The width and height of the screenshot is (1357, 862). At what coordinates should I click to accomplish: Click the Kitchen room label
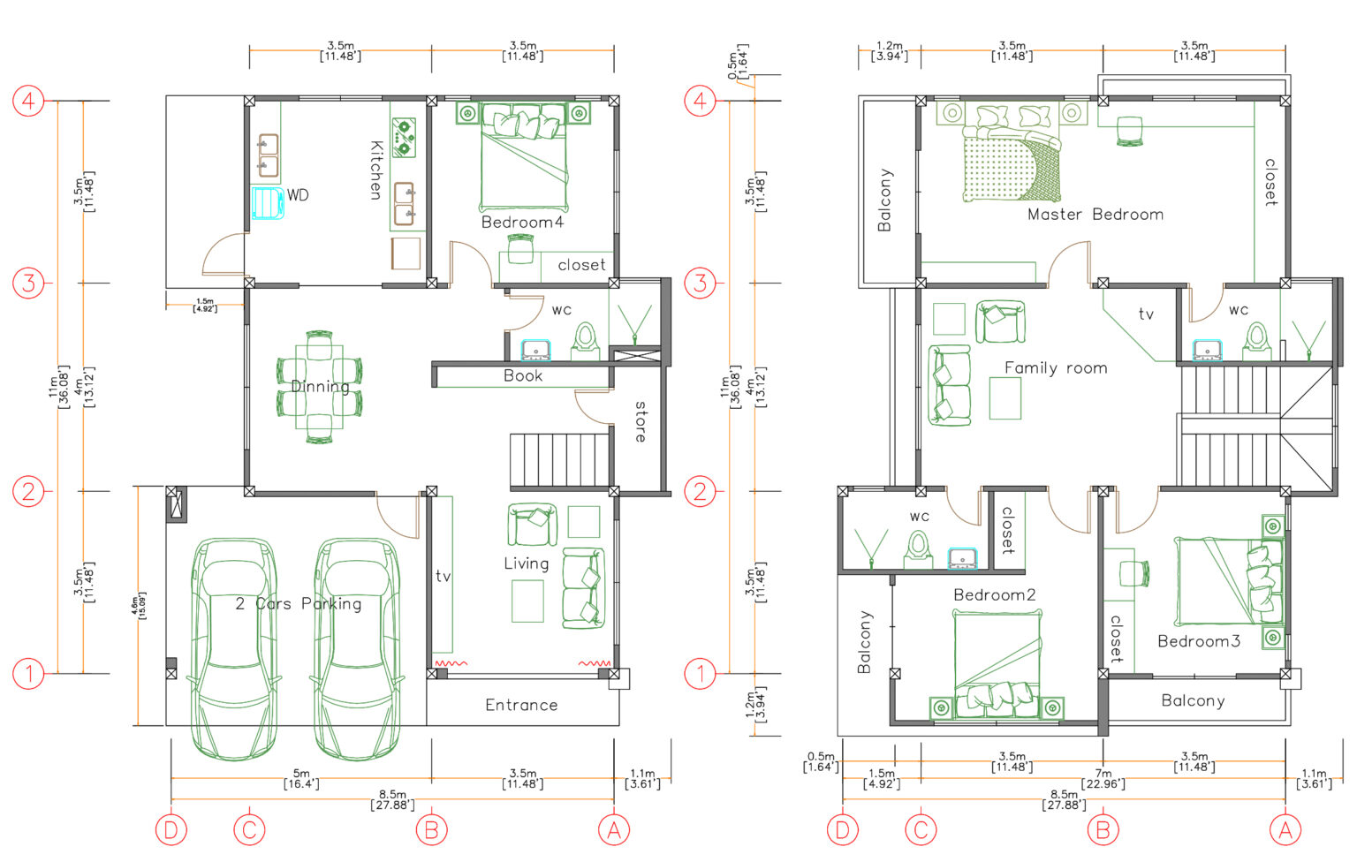[375, 170]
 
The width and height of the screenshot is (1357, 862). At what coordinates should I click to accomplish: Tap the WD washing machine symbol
[268, 202]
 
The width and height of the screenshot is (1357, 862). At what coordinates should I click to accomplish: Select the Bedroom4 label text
[521, 222]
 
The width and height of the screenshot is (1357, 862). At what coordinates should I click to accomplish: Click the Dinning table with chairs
[319, 387]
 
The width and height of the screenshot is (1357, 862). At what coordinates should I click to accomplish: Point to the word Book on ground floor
[523, 375]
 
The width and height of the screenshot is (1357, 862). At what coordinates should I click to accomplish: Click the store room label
[641, 421]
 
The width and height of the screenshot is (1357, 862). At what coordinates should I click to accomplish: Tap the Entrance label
[521, 705]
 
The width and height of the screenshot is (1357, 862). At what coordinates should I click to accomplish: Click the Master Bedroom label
[1095, 214]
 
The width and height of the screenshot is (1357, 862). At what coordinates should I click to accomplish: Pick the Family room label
[1056, 367]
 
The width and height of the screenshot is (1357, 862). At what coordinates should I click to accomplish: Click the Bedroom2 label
[994, 594]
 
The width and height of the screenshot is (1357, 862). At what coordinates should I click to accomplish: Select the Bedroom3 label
[1198, 640]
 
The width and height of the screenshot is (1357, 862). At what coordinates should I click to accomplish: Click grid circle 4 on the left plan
[28, 101]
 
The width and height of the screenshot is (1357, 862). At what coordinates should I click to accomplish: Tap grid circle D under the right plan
[842, 830]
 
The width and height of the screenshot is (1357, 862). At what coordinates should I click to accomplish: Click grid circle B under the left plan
[431, 830]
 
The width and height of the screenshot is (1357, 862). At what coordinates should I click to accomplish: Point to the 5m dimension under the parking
[301, 778]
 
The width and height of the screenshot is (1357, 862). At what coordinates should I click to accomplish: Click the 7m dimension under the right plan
[1103, 778]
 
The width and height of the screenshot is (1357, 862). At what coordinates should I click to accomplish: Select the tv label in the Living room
[443, 576]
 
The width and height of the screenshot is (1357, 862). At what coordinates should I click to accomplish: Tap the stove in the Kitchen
[404, 138]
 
